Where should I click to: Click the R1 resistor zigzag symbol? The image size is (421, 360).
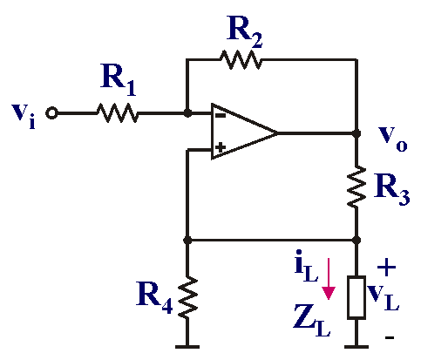click(118, 112)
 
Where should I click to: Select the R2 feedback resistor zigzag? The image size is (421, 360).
click(241, 59)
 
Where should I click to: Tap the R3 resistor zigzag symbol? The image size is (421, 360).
click(356, 187)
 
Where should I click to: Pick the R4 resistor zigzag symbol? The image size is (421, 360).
click(187, 297)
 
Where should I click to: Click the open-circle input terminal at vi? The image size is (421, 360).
click(51, 113)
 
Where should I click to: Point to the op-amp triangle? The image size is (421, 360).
click(244, 132)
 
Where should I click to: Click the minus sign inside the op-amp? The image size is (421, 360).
click(221, 116)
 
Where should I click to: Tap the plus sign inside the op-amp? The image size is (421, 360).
click(221, 147)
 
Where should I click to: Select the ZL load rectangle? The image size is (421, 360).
click(356, 297)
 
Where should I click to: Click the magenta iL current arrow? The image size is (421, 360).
click(329, 279)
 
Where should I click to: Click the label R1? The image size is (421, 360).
click(119, 80)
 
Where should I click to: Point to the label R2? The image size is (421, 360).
click(244, 31)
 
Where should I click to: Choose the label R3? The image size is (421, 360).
click(391, 189)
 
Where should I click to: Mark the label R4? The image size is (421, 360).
click(154, 297)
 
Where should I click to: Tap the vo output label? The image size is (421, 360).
click(392, 139)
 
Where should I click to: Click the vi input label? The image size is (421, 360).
click(24, 116)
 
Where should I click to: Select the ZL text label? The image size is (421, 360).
click(311, 320)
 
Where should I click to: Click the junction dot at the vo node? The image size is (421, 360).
click(356, 133)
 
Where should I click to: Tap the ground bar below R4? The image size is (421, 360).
click(187, 347)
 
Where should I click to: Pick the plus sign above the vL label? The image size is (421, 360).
click(386, 268)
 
